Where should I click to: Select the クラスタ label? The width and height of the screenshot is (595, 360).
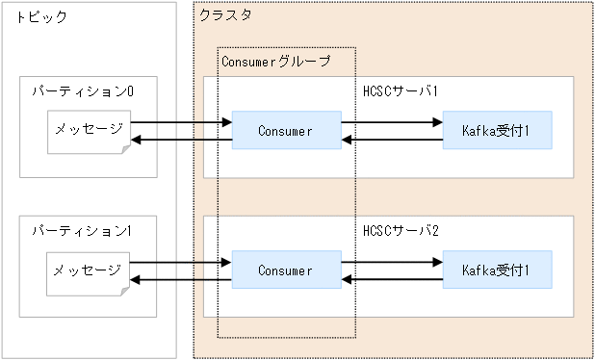pos(226,16)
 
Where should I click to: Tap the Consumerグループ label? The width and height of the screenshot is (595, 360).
pos(276,62)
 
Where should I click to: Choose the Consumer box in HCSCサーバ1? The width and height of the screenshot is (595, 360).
pos(285,131)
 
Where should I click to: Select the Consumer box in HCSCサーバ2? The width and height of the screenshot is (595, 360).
pos(285,270)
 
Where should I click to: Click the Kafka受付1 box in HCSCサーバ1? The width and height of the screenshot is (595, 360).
pos(497,131)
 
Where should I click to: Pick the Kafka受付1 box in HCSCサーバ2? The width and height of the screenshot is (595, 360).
pos(497,270)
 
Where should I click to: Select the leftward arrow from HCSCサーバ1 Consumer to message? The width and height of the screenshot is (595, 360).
pos(181,141)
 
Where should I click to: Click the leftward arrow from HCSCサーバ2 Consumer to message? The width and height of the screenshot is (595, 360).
pos(181,280)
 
